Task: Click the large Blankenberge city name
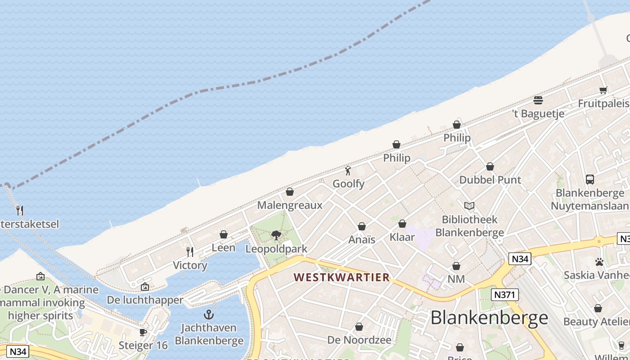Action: pos(489,318)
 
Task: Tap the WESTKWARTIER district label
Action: pos(342,277)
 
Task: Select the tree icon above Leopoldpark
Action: pos(276,235)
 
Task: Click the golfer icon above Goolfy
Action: pos(348,171)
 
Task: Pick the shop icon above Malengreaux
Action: pos(290,192)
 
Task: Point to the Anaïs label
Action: pos(362,239)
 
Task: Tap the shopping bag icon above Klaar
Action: pos(402,224)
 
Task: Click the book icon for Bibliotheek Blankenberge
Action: pos(469,206)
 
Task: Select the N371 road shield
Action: pos(504,295)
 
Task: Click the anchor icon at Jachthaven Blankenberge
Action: pos(209,314)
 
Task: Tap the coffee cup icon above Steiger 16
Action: pos(143,332)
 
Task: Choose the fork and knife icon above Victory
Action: pos(190,252)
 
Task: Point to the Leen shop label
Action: pos(223,247)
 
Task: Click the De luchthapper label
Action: pos(145,300)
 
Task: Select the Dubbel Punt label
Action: pos(490,180)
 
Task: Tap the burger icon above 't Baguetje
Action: pos(538,100)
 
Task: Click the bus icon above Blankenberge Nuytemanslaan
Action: pos(590,180)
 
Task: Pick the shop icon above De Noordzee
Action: pos(359,327)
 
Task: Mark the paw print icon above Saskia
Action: pos(599,261)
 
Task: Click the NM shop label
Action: pos(456,279)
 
